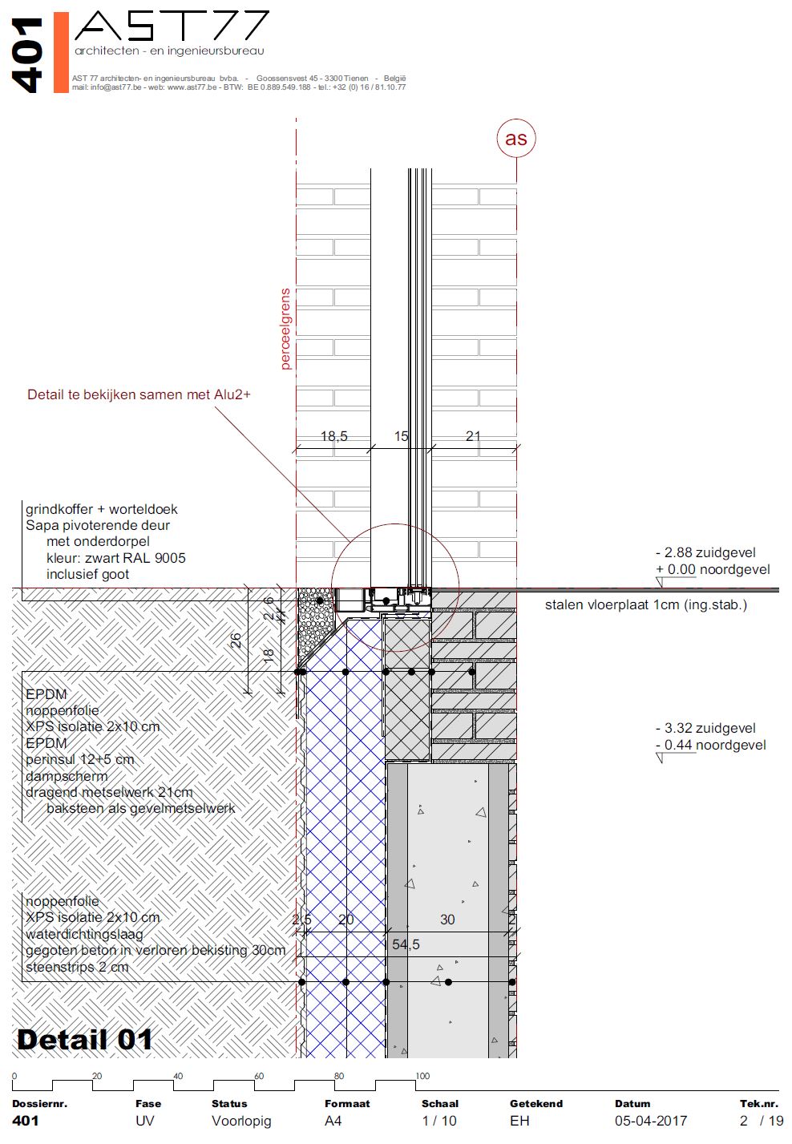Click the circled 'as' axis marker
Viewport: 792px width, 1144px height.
pos(515,139)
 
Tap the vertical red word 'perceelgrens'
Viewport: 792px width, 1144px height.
pos(285,329)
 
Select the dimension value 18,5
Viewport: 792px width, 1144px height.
pos(333,436)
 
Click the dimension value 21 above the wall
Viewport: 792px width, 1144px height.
pos(473,436)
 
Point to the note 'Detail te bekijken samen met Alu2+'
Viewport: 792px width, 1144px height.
pos(139,394)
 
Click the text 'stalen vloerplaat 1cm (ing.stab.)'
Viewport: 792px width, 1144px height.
pos(645,604)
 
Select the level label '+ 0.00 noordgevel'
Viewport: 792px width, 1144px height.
pos(713,569)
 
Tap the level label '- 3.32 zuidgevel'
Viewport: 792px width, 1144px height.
pos(705,728)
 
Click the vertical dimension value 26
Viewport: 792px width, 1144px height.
pos(236,641)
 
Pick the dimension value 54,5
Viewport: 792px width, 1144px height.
pos(406,944)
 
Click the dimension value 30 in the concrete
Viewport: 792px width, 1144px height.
pos(447,920)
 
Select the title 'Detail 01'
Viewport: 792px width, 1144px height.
pos(84,1040)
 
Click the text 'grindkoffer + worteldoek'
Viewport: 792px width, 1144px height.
pos(102,509)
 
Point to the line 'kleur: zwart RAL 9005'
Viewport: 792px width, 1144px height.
pos(115,558)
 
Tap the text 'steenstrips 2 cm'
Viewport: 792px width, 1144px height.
pos(77,967)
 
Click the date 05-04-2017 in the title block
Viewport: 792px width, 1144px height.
pos(650,1121)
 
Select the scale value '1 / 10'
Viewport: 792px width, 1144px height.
pos(439,1121)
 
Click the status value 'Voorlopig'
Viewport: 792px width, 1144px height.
pos(241,1121)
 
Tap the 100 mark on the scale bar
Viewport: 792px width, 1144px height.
pos(422,1076)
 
